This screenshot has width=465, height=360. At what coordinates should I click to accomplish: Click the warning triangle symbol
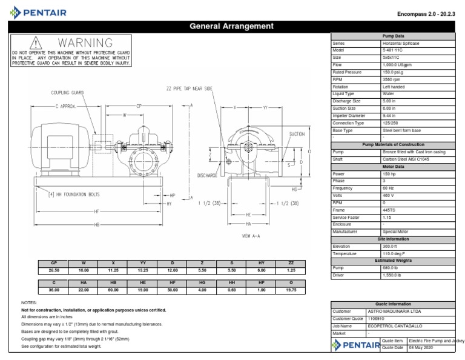click(x=36, y=43)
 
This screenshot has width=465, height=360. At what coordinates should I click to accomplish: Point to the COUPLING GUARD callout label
click(x=68, y=93)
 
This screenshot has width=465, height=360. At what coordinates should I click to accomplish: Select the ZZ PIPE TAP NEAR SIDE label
click(x=190, y=88)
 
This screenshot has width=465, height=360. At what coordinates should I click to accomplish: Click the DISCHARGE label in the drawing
click(x=207, y=175)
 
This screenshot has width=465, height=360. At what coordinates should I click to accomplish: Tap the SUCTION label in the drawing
click(x=297, y=134)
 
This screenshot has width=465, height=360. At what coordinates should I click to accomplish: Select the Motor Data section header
click(x=396, y=166)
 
